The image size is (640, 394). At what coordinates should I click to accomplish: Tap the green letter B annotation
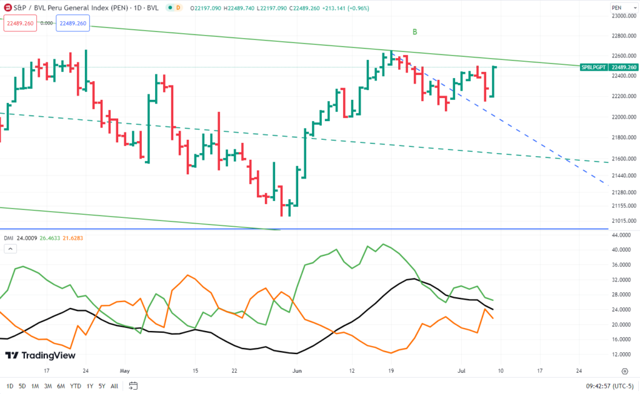click(x=414, y=32)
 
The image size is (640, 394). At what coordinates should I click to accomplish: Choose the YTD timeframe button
click(x=75, y=386)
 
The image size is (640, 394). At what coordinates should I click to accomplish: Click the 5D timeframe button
click(x=22, y=386)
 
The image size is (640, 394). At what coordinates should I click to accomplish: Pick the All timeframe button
click(x=114, y=386)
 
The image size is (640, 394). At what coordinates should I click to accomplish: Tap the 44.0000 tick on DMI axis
click(x=622, y=235)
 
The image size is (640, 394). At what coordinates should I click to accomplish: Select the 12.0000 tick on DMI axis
click(x=622, y=354)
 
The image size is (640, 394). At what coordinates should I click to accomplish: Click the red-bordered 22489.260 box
click(x=20, y=23)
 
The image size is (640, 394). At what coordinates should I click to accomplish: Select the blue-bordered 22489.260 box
click(x=72, y=23)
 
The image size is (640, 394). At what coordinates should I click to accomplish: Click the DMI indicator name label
click(x=9, y=238)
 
